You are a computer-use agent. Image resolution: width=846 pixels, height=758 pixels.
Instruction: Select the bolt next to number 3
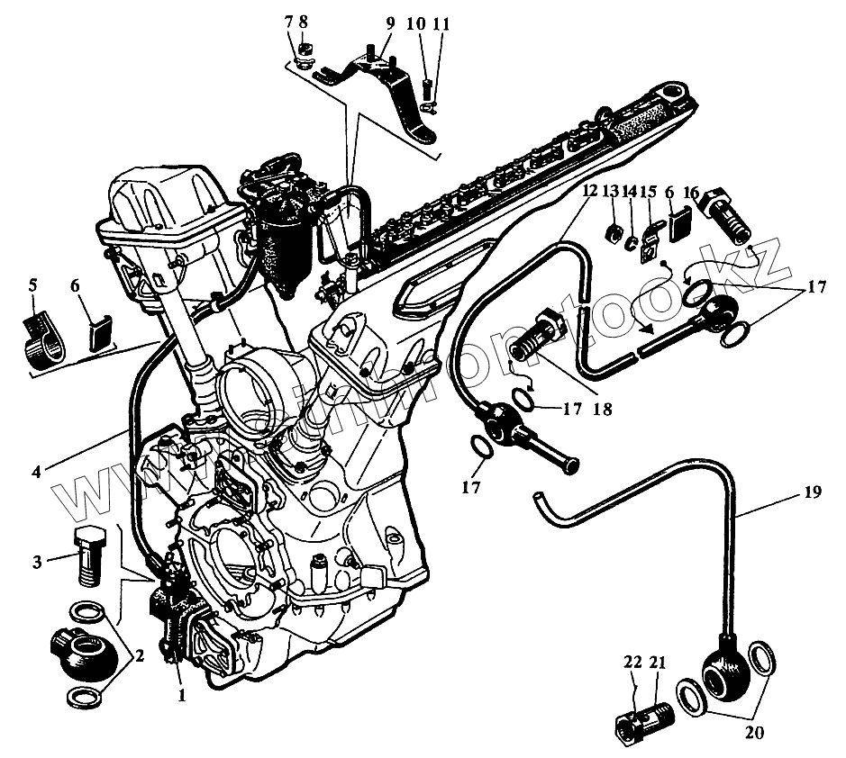88,551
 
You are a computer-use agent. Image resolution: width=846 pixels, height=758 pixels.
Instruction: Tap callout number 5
33,286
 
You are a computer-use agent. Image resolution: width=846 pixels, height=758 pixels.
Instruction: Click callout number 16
691,194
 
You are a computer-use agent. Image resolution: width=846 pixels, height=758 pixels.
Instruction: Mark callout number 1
180,694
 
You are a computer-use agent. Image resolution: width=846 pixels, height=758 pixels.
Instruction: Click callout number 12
588,193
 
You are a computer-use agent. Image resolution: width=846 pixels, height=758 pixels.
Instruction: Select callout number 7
288,20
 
